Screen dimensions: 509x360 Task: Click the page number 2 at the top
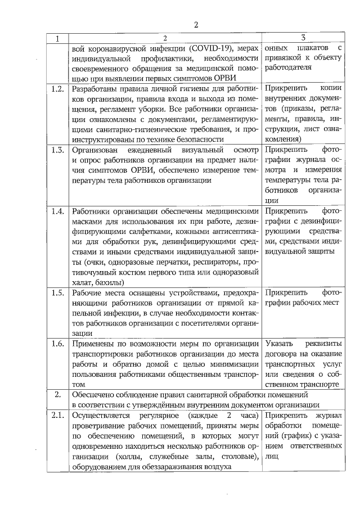click(x=196, y=24)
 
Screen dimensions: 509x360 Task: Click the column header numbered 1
click(x=56, y=38)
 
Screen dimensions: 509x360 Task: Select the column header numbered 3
click(x=303, y=38)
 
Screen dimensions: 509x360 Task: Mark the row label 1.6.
click(x=57, y=343)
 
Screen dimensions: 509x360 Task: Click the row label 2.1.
click(x=57, y=416)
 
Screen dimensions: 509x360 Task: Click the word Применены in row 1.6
click(x=93, y=343)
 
